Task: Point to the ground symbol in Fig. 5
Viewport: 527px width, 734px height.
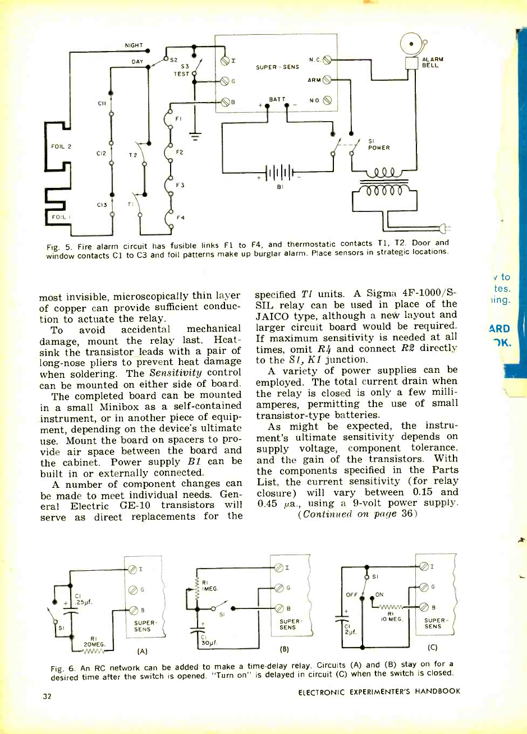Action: click(195, 134)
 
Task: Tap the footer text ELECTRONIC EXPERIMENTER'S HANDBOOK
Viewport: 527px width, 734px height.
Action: click(380, 691)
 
